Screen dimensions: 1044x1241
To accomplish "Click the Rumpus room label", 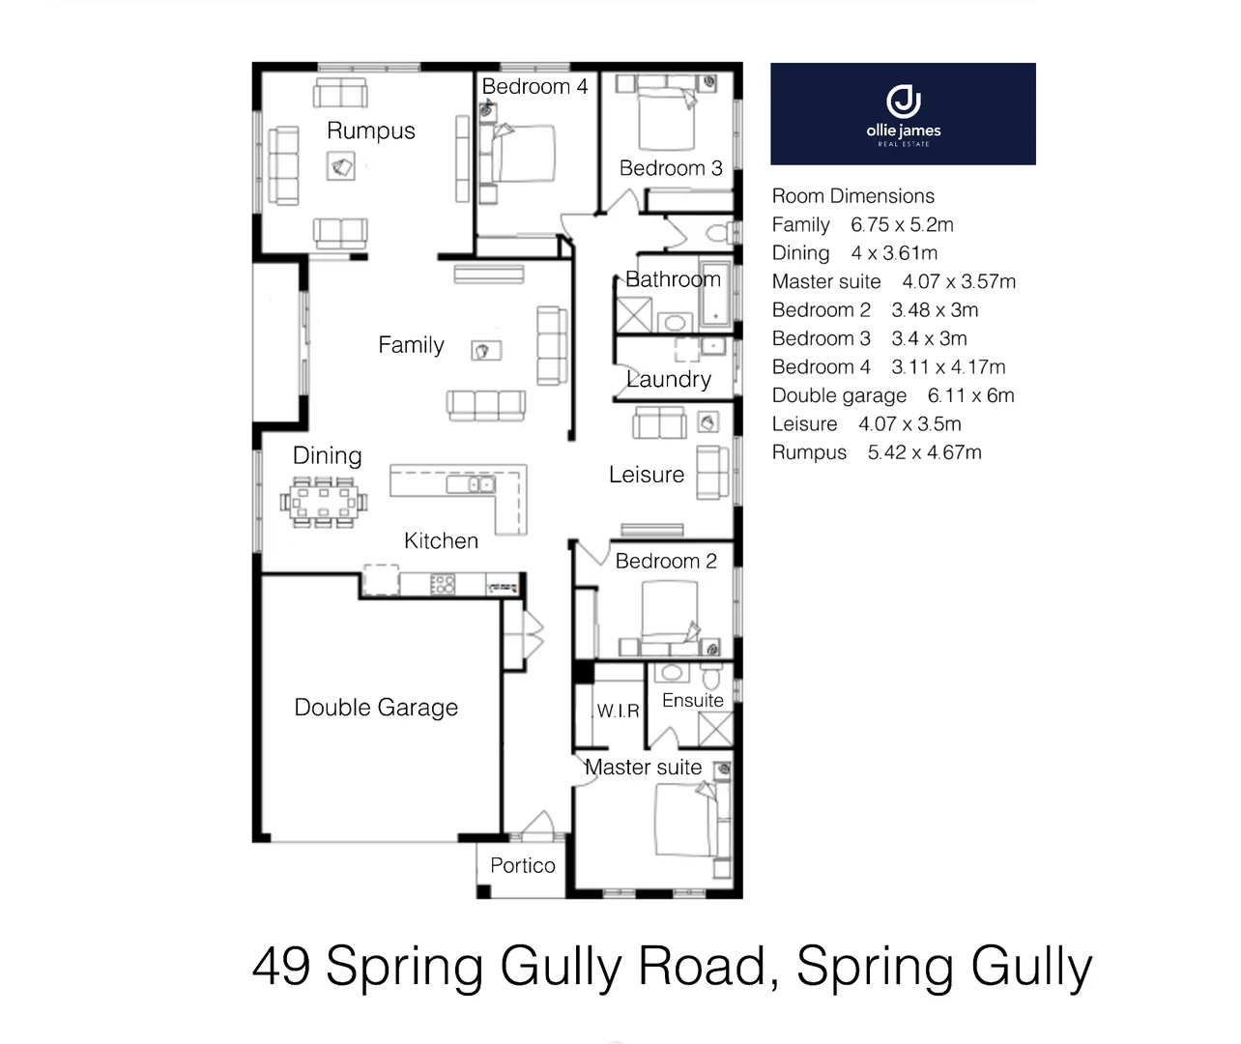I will pos(370,130).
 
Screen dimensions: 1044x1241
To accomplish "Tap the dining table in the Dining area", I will pos(324,502).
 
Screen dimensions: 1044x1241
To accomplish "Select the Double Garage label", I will pos(376,708).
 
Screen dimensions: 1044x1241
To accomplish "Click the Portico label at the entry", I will pos(523,865).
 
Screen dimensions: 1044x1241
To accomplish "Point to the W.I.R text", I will pos(618,711).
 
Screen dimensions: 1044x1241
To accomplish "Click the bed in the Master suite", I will pos(688,818).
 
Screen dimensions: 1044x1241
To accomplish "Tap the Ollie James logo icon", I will pos(903,101).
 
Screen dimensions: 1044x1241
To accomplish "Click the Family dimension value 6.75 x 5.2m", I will pos(902,225).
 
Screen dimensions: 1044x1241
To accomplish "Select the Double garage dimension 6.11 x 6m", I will pos(970,395).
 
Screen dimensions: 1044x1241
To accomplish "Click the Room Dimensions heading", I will pos(852,196).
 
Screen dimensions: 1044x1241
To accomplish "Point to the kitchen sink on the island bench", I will pos(480,483).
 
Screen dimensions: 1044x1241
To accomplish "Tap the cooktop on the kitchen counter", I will pos(443,584).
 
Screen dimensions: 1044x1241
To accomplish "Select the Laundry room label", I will pos(668,379).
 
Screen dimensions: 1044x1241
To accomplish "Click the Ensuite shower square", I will pos(715,728).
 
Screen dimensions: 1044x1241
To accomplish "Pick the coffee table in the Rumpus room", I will pos(341,167).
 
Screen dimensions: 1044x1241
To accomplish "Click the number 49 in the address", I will pos(282,966).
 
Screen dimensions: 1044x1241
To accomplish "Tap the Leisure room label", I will pos(646,475).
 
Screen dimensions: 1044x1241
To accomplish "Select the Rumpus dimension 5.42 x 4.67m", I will pos(924,452).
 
